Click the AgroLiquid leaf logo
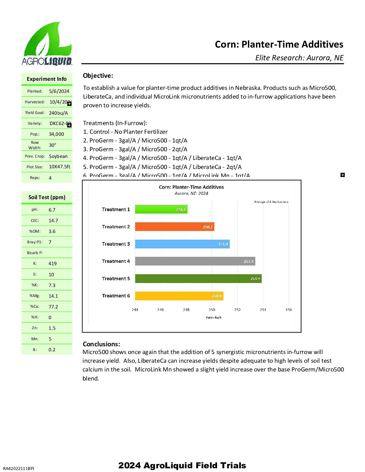pyautogui.click(x=47, y=44)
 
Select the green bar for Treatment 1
pyautogui.click(x=161, y=210)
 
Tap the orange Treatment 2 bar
pyautogui.click(x=174, y=227)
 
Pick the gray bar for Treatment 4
pyautogui.click(x=195, y=261)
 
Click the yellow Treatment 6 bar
pyautogui.click(x=179, y=296)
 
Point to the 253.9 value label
pyautogui.click(x=255, y=279)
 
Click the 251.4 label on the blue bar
pyautogui.click(x=223, y=244)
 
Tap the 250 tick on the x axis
pyautogui.click(x=212, y=310)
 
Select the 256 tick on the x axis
pyautogui.click(x=289, y=310)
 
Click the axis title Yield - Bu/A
pyautogui.click(x=214, y=317)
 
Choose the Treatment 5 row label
pyautogui.click(x=116, y=279)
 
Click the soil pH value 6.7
pyautogui.click(x=52, y=210)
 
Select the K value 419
pyautogui.click(x=53, y=263)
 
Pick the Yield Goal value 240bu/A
pyautogui.click(x=58, y=113)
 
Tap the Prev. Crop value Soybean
pyautogui.click(x=58, y=156)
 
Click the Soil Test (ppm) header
pyautogui.click(x=47, y=197)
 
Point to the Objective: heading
pyautogui.click(x=98, y=76)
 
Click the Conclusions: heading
pyautogui.click(x=101, y=344)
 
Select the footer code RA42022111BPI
pyautogui.click(x=18, y=468)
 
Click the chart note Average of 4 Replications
pyautogui.click(x=271, y=202)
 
